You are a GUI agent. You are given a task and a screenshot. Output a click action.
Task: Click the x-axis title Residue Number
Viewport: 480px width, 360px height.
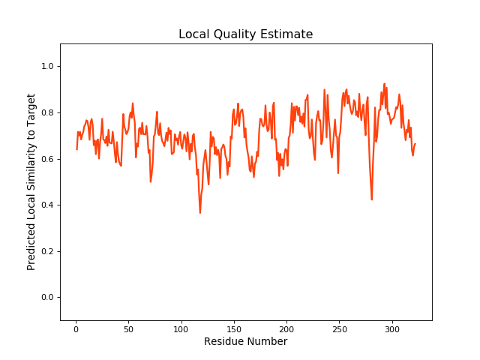coord(245,342)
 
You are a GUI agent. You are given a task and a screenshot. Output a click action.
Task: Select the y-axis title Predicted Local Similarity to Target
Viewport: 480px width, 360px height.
coord(31,182)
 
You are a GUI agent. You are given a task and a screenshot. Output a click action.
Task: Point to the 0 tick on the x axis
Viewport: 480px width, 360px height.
coord(76,328)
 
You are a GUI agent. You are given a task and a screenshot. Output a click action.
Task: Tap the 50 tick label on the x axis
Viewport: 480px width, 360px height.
coord(128,328)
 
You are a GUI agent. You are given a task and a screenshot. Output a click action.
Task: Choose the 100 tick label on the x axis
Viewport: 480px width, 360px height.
coord(181,328)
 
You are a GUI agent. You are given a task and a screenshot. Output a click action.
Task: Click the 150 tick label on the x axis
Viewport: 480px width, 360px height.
coord(234,328)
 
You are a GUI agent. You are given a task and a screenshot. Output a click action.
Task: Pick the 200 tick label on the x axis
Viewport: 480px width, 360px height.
coord(287,328)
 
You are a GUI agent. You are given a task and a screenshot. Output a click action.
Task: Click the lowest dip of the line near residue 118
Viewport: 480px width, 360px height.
coord(200,213)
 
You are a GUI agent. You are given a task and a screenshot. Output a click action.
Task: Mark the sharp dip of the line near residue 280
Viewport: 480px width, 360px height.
coord(372,199)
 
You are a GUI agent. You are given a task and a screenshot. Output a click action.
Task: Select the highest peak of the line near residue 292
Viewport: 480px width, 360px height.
coord(385,84)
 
